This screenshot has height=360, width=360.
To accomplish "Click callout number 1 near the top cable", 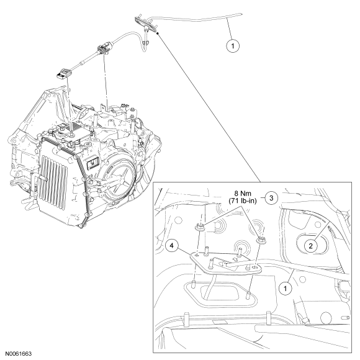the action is (x=233, y=46).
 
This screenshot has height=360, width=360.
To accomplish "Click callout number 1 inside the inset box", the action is (x=286, y=288).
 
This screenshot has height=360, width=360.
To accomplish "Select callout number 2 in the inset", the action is (x=311, y=246).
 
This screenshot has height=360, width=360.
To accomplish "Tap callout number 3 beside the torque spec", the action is (x=271, y=197).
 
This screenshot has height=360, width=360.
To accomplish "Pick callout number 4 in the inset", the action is (x=172, y=246).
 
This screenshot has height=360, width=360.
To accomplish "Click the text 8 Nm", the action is (x=243, y=194).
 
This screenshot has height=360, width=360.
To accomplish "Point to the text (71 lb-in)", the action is (x=243, y=201).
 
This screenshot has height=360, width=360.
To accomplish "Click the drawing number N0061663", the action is (x=19, y=354).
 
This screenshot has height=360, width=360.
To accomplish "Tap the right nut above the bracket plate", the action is (x=260, y=240).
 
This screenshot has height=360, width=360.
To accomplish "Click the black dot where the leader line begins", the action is (x=158, y=34).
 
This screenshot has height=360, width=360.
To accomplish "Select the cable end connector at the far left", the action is (x=64, y=74).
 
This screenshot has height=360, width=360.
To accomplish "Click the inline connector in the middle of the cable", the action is (x=104, y=48).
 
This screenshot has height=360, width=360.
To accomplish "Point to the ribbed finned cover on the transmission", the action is (x=53, y=177).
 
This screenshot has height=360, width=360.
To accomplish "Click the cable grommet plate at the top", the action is (x=146, y=24).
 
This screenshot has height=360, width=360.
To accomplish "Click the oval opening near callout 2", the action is (x=312, y=245).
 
